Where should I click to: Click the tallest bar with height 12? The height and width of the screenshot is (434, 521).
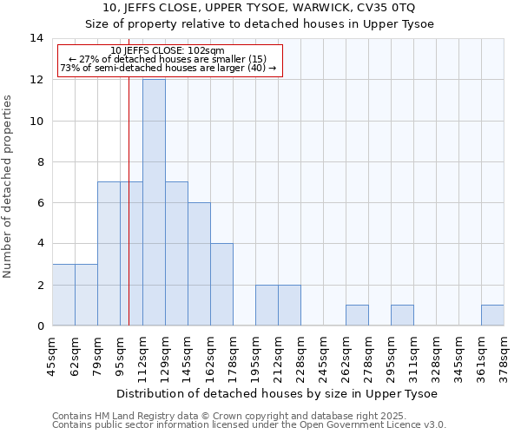click(x=154, y=202)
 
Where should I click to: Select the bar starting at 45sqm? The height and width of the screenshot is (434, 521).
click(x=63, y=294)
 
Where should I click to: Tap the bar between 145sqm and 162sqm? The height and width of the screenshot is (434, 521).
click(x=199, y=264)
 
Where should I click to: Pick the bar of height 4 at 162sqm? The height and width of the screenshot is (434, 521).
click(x=221, y=284)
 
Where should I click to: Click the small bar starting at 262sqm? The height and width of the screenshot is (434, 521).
click(x=357, y=315)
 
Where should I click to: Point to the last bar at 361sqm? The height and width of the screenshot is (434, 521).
click(x=492, y=315)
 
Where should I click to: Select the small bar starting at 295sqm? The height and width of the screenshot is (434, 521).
click(x=402, y=315)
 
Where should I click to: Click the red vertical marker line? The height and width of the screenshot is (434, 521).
click(x=129, y=217)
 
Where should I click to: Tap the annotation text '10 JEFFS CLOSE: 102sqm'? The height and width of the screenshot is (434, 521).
click(x=168, y=50)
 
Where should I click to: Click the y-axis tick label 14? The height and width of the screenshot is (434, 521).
click(x=36, y=38)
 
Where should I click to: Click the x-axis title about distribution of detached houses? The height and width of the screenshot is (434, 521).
click(x=278, y=393)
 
